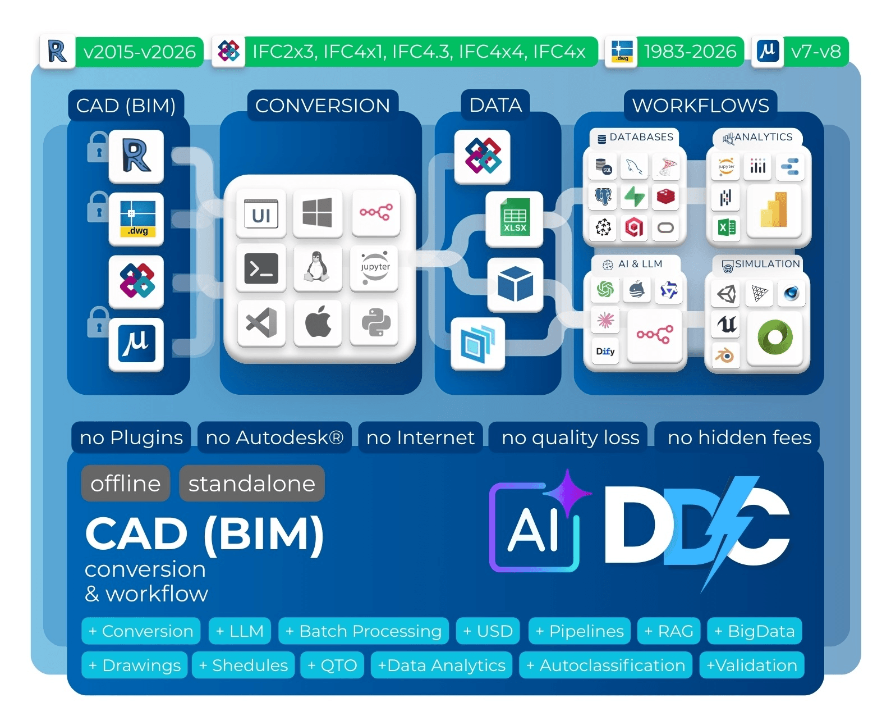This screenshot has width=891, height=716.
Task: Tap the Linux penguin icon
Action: click(317, 267)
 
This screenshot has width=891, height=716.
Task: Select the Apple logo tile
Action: click(318, 323)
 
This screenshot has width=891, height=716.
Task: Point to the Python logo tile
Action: click(375, 323)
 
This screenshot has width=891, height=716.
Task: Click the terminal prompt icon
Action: click(261, 268)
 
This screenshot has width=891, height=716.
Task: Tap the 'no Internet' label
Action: click(420, 437)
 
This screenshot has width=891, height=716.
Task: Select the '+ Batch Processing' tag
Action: click(364, 631)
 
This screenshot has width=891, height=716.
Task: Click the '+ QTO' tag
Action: click(332, 665)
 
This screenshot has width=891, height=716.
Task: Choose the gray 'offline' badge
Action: click(126, 484)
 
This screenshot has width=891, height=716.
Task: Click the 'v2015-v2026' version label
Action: click(139, 52)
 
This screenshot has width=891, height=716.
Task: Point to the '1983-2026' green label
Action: click(690, 52)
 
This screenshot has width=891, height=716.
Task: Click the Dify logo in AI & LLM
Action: click(605, 352)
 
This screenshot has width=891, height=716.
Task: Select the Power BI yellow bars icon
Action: click(774, 211)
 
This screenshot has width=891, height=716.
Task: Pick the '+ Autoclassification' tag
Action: click(605, 665)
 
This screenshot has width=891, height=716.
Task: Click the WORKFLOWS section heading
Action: click(700, 106)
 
